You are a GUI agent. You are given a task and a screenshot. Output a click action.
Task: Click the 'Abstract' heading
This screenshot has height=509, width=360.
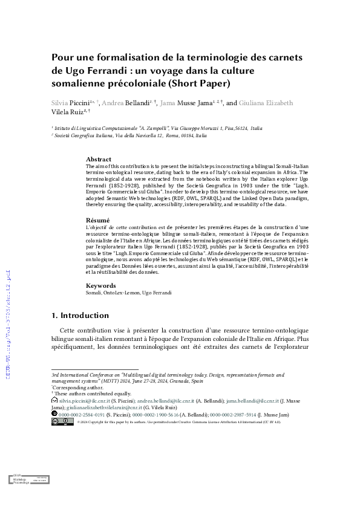[x=99, y=159]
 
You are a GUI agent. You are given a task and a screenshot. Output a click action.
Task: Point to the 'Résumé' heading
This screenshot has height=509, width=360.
[x=97, y=220]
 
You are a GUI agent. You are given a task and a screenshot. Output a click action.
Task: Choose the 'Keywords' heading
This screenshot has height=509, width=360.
[x=100, y=285]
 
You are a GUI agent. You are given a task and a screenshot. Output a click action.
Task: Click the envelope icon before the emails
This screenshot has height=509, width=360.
[x=54, y=400]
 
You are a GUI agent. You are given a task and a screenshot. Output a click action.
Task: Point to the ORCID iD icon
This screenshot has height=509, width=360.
[x=54, y=415]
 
